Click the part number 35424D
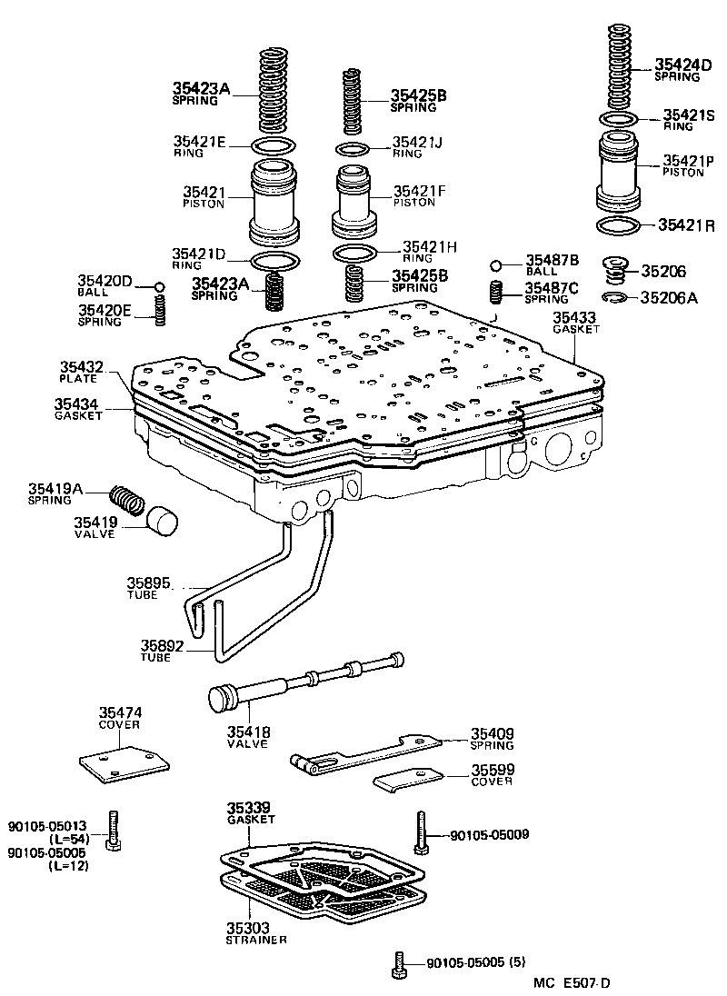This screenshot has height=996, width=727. (x=677, y=65)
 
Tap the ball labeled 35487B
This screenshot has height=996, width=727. (x=495, y=265)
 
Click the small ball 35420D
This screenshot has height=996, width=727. (x=158, y=287)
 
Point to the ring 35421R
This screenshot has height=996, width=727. (x=619, y=224)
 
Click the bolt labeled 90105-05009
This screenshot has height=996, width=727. (x=420, y=832)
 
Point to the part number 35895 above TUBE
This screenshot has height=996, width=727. (x=148, y=583)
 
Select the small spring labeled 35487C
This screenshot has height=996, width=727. (x=496, y=294)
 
